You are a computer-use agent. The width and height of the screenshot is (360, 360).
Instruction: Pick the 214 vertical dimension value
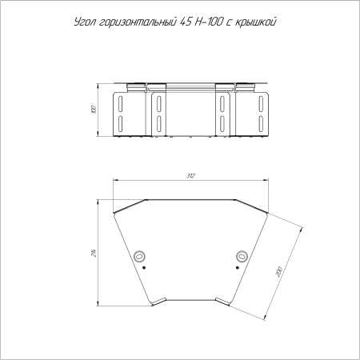pyautogui.click(x=94, y=254)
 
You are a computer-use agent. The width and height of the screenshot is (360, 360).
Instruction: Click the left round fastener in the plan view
pyautogui.click(x=141, y=256)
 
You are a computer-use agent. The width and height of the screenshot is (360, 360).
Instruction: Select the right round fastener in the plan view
pyautogui.click(x=241, y=256)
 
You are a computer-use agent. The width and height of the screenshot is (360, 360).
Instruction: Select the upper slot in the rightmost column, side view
pyautogui.click(x=261, y=103)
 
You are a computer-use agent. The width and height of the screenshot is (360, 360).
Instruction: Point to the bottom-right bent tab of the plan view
pyautogui.click(x=224, y=303)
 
